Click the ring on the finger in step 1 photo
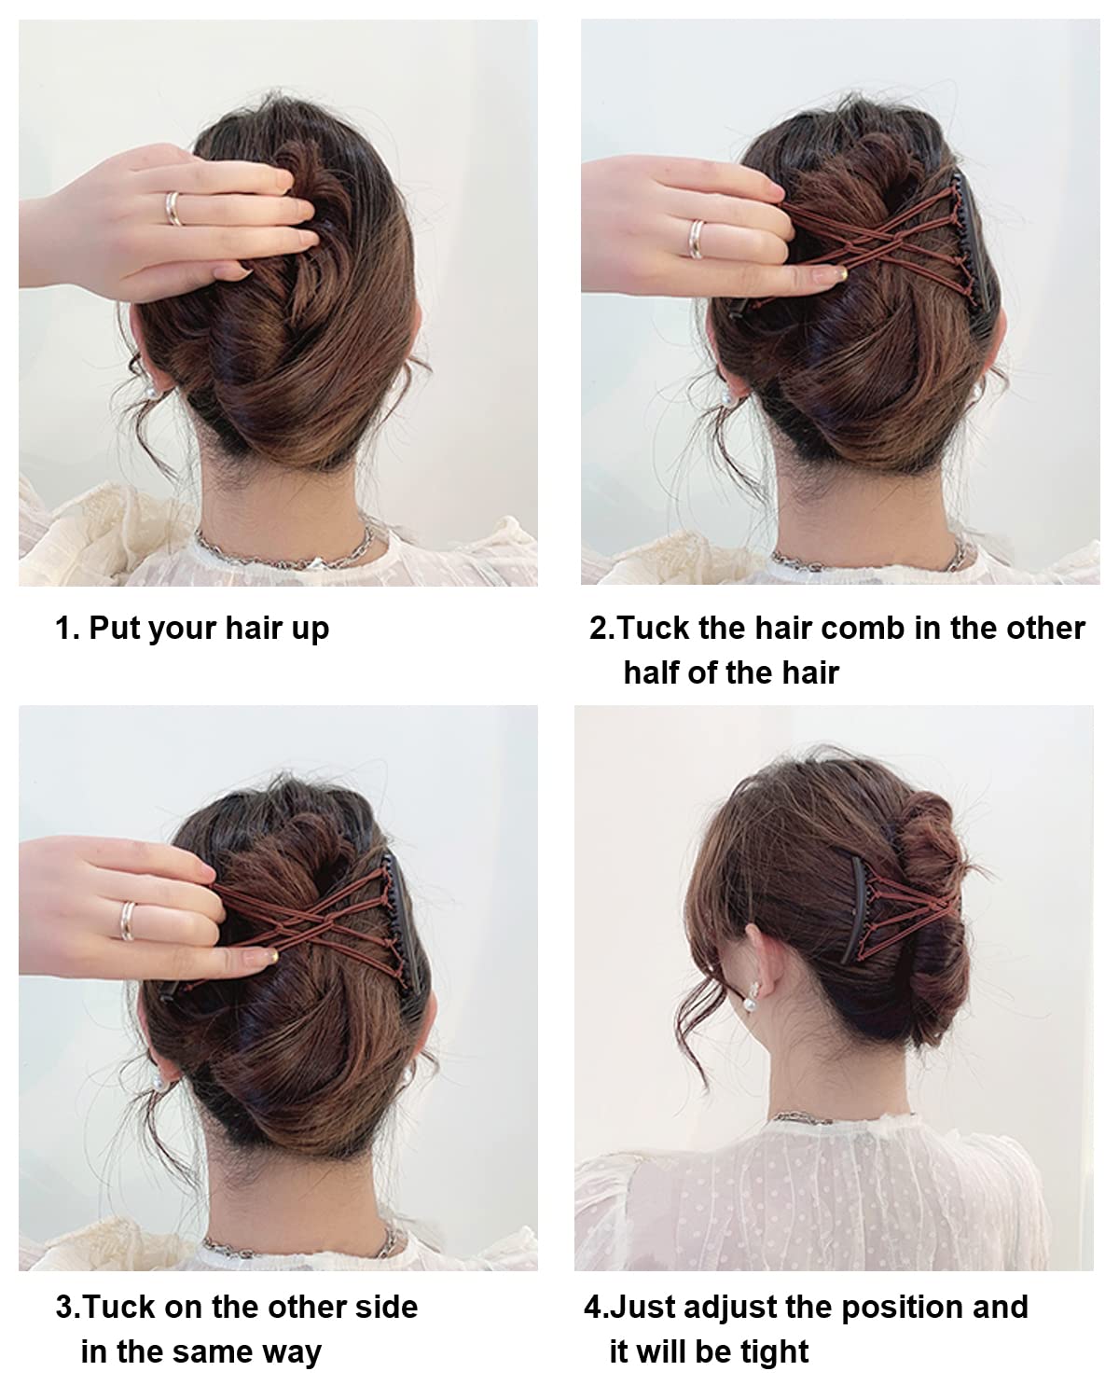pyautogui.click(x=173, y=209)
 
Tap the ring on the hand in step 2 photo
pyautogui.click(x=697, y=240)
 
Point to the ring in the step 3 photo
pyautogui.click(x=128, y=921)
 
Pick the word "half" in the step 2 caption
pyautogui.click(x=651, y=672)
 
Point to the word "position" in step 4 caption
pyautogui.click(x=903, y=1308)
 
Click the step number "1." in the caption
pyautogui.click(x=67, y=628)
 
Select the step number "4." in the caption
pyautogui.click(x=596, y=1307)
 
